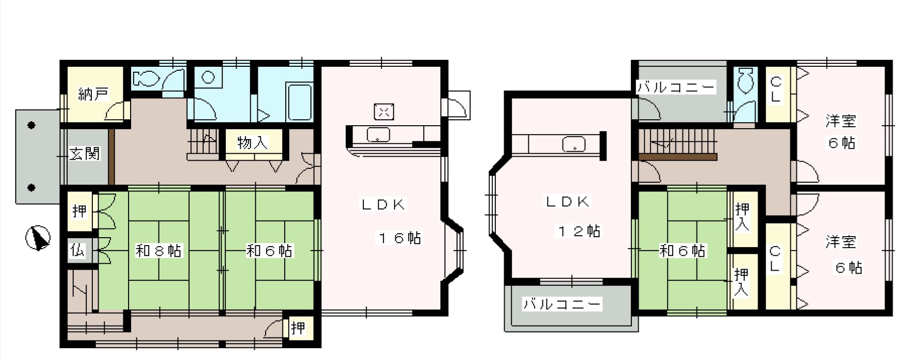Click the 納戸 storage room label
point(93,94)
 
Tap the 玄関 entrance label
point(84,154)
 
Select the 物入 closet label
point(253,143)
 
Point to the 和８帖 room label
point(159,251)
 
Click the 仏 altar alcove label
point(79,251)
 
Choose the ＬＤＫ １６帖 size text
point(399,238)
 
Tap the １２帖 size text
point(578,231)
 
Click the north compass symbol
point(38,238)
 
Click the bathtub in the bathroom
point(299,102)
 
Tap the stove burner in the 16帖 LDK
point(384,112)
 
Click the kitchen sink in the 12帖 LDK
point(573,144)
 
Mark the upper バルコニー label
point(676,88)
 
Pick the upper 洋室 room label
point(841,120)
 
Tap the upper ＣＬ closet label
point(775,88)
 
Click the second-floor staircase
point(678,141)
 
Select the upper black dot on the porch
point(31,125)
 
